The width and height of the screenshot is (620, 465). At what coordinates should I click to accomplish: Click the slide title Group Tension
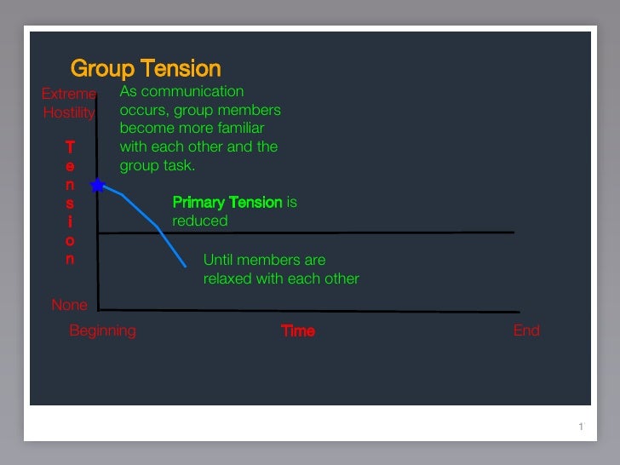pos(145,68)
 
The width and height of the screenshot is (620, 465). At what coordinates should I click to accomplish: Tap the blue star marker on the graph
pos(98,185)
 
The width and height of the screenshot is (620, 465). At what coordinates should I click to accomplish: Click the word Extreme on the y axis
pos(69,94)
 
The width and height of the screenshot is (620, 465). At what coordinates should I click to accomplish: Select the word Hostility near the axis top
pos(69,112)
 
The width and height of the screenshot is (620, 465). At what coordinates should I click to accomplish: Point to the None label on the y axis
pos(69,305)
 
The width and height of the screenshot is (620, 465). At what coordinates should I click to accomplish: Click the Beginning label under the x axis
pos(102,330)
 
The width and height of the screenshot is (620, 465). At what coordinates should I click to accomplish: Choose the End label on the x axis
pos(526,330)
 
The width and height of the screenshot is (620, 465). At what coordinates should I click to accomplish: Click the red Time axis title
pos(298,330)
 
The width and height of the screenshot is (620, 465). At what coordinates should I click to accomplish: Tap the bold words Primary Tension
pos(227,202)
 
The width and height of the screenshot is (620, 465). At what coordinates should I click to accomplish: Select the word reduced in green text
pos(200,221)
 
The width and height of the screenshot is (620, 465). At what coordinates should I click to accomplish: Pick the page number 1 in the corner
pos(580,427)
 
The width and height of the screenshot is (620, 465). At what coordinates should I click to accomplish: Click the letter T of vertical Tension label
pos(70,147)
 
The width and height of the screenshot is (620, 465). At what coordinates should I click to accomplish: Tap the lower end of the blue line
pos(186,266)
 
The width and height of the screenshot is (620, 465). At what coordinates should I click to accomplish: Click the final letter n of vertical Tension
pos(70,259)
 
